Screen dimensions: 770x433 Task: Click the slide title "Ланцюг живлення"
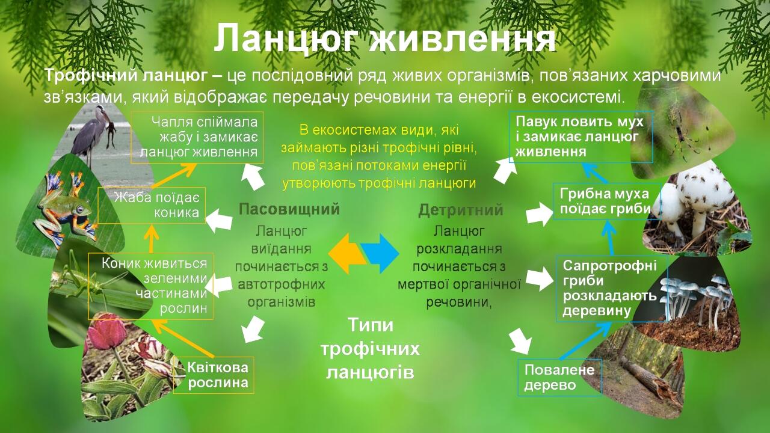click(x=384, y=38)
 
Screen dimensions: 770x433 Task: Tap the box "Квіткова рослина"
click(x=214, y=375)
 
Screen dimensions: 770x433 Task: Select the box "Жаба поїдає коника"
click(x=152, y=205)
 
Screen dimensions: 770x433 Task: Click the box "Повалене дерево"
click(x=560, y=378)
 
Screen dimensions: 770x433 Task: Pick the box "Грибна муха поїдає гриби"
click(x=608, y=201)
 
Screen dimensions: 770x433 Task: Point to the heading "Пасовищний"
click(x=289, y=209)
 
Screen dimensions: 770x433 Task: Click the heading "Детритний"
click(x=461, y=210)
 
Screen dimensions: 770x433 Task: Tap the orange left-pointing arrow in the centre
click(x=346, y=254)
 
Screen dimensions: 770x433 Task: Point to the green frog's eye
click(x=80, y=209)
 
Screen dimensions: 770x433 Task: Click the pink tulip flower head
click(x=106, y=328)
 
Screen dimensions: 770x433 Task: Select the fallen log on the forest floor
click(x=646, y=378)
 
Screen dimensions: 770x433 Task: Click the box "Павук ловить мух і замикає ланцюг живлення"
click(x=581, y=137)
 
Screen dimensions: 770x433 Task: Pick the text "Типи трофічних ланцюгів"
click(x=370, y=348)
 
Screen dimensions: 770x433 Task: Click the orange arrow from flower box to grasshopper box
click(x=183, y=339)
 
